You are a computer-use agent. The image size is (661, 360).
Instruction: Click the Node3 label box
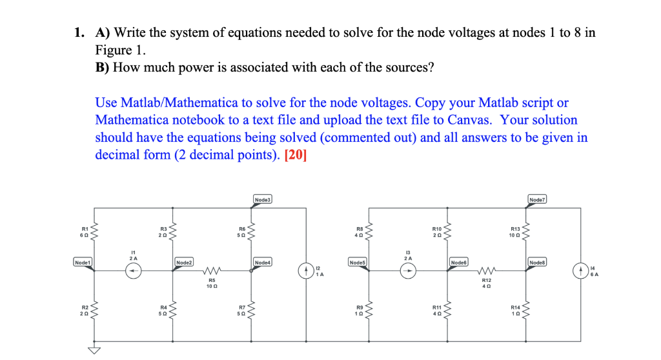pyautogui.click(x=263, y=201)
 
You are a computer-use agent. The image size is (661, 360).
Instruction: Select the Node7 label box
pyautogui.click(x=537, y=201)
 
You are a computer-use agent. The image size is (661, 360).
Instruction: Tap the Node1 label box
pyautogui.click(x=83, y=262)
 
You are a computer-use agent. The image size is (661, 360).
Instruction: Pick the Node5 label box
pyautogui.click(x=358, y=262)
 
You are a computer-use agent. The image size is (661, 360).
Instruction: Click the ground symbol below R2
pyautogui.click(x=95, y=350)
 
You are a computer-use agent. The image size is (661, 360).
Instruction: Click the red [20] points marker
pyautogui.click(x=295, y=155)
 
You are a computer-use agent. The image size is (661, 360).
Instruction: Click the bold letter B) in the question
pyautogui.click(x=103, y=68)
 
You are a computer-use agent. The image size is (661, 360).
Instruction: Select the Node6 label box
pyautogui.click(x=459, y=262)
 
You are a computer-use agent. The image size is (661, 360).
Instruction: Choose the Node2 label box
pyautogui.click(x=185, y=262)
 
